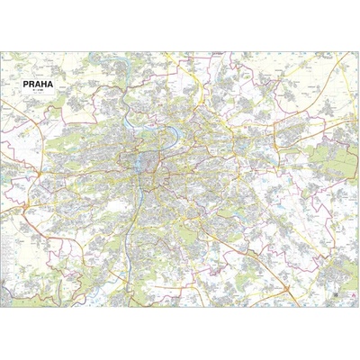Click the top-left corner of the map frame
[4, 53]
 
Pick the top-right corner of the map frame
[356, 53]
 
